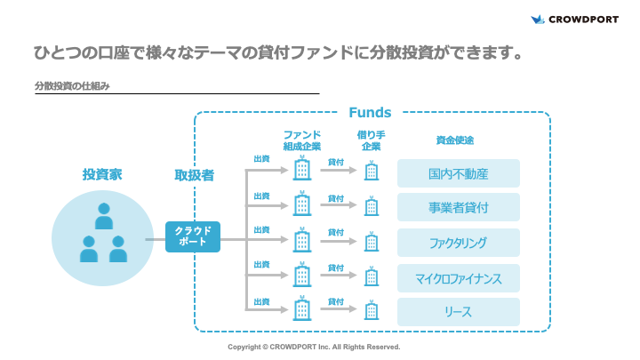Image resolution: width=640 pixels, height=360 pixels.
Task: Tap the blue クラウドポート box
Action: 192,236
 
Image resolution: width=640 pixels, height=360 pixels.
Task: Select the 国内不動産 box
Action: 458,173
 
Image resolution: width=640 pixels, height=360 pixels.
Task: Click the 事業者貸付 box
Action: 458,208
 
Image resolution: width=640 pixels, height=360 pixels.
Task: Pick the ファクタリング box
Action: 458,243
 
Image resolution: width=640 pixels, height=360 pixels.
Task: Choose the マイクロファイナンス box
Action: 458,277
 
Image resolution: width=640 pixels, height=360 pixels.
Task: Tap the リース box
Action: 458,311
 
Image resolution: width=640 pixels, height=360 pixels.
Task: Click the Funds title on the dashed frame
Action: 370,113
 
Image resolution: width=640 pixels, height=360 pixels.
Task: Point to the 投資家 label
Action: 102,174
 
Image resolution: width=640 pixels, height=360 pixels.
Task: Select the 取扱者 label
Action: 194,175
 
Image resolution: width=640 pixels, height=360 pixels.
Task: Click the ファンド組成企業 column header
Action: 302,140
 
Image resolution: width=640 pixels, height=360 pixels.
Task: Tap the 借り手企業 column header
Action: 371,140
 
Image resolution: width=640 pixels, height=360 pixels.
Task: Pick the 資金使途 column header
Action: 454,140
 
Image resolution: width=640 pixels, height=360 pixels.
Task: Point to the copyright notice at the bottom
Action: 314,347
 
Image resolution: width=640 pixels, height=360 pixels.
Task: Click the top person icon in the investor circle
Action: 103,216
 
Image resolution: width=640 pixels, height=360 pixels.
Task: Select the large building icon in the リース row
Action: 302,308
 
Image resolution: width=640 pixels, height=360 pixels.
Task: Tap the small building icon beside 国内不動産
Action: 372,172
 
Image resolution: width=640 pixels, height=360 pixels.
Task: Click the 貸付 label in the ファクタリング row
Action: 335,232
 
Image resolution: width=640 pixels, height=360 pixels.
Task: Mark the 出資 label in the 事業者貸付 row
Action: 261,196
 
